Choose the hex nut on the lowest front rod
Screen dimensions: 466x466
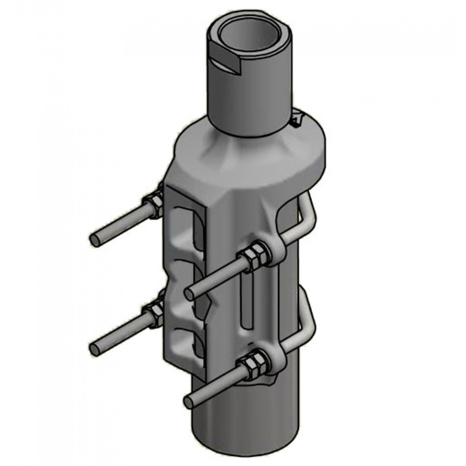[254, 363]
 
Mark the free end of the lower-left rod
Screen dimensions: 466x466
[95, 347]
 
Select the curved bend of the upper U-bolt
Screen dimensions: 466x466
[308, 214]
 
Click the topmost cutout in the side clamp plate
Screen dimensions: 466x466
[191, 224]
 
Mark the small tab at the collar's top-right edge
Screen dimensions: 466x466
[297, 120]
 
